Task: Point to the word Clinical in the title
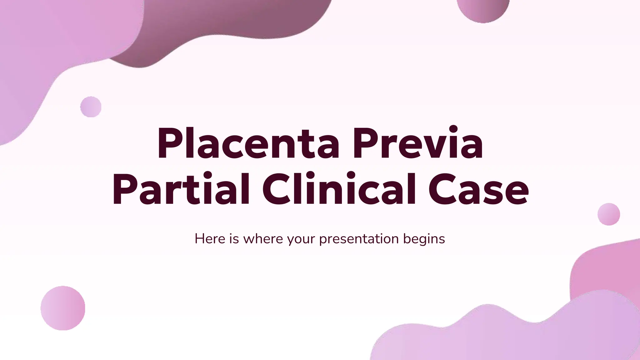click(x=339, y=189)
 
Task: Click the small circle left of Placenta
click(x=91, y=107)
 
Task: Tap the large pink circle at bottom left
click(x=63, y=308)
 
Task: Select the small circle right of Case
click(x=609, y=214)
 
